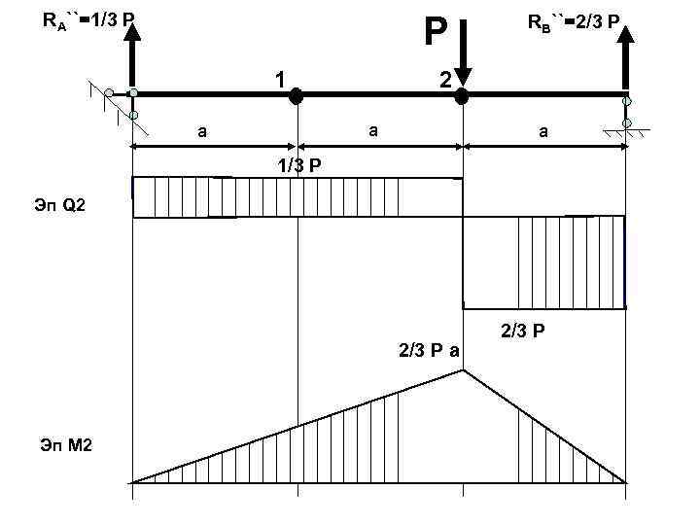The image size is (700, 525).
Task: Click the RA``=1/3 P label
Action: (x=89, y=18)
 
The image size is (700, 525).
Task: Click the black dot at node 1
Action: (x=297, y=95)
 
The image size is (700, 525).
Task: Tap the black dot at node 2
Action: (x=463, y=96)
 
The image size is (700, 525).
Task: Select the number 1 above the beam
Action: (x=278, y=80)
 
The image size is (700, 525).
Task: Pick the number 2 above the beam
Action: (x=443, y=80)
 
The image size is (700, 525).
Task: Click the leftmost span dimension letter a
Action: (x=202, y=129)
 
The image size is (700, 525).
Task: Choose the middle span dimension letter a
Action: (x=372, y=129)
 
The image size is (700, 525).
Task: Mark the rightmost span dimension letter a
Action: (x=542, y=129)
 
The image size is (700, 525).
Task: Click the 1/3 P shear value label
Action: (x=299, y=165)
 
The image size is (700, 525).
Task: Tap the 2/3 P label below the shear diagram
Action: (x=523, y=332)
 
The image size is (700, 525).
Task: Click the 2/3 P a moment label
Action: (x=429, y=349)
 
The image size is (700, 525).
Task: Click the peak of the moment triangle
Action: (x=463, y=370)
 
